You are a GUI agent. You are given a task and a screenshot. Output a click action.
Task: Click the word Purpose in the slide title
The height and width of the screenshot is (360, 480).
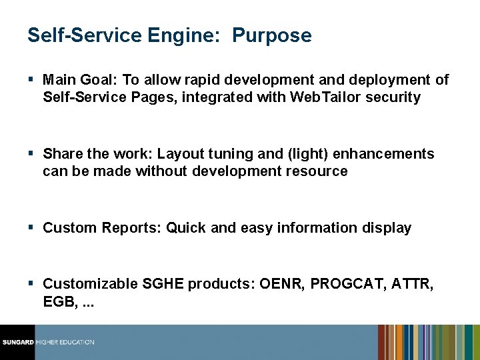(x=271, y=35)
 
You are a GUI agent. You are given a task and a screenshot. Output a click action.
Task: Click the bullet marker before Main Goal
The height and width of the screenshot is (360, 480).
(x=32, y=80)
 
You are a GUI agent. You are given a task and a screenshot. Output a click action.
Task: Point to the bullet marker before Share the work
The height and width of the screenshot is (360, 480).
(x=32, y=154)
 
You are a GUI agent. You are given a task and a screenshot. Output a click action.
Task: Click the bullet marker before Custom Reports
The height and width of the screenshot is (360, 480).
(x=32, y=228)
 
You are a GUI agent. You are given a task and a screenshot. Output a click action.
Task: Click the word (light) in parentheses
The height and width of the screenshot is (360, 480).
(x=308, y=154)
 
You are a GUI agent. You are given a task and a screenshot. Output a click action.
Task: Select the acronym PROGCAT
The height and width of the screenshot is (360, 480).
(x=352, y=285)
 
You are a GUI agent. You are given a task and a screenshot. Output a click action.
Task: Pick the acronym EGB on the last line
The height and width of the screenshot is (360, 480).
(x=57, y=302)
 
